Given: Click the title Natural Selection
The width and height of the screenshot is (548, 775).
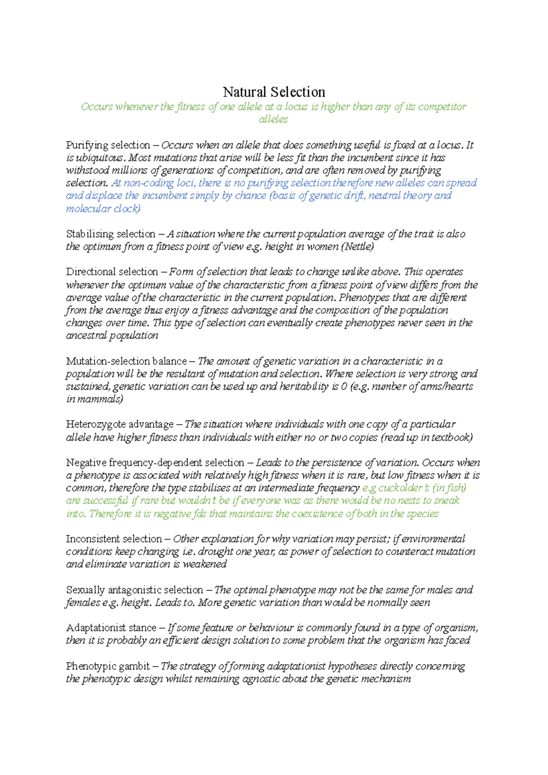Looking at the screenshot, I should pyautogui.click(x=274, y=92).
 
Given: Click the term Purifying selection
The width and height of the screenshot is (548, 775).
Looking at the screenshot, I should pyautogui.click(x=108, y=145).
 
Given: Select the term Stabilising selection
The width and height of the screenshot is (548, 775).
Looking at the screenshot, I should pyautogui.click(x=111, y=234).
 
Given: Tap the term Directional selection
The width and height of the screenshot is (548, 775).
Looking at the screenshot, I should pyautogui.click(x=112, y=272).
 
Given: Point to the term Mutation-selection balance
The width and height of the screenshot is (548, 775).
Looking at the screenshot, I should pyautogui.click(x=126, y=361).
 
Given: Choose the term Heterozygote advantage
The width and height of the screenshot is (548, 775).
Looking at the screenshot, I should pyautogui.click(x=120, y=424).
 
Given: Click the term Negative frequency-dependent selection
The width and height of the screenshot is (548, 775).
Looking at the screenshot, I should pyautogui.click(x=155, y=463).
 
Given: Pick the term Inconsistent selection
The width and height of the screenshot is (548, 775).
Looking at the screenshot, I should pyautogui.click(x=114, y=539).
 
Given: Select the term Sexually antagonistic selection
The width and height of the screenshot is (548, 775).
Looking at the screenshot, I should pyautogui.click(x=134, y=590).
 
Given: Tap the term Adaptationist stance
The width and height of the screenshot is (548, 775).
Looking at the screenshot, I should pyautogui.click(x=111, y=628).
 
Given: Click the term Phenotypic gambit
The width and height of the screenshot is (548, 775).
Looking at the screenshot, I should pyautogui.click(x=108, y=666).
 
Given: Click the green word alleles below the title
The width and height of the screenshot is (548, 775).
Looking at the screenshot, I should pyautogui.click(x=274, y=120).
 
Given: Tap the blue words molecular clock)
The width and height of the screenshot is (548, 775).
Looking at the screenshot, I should pyautogui.click(x=103, y=209).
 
